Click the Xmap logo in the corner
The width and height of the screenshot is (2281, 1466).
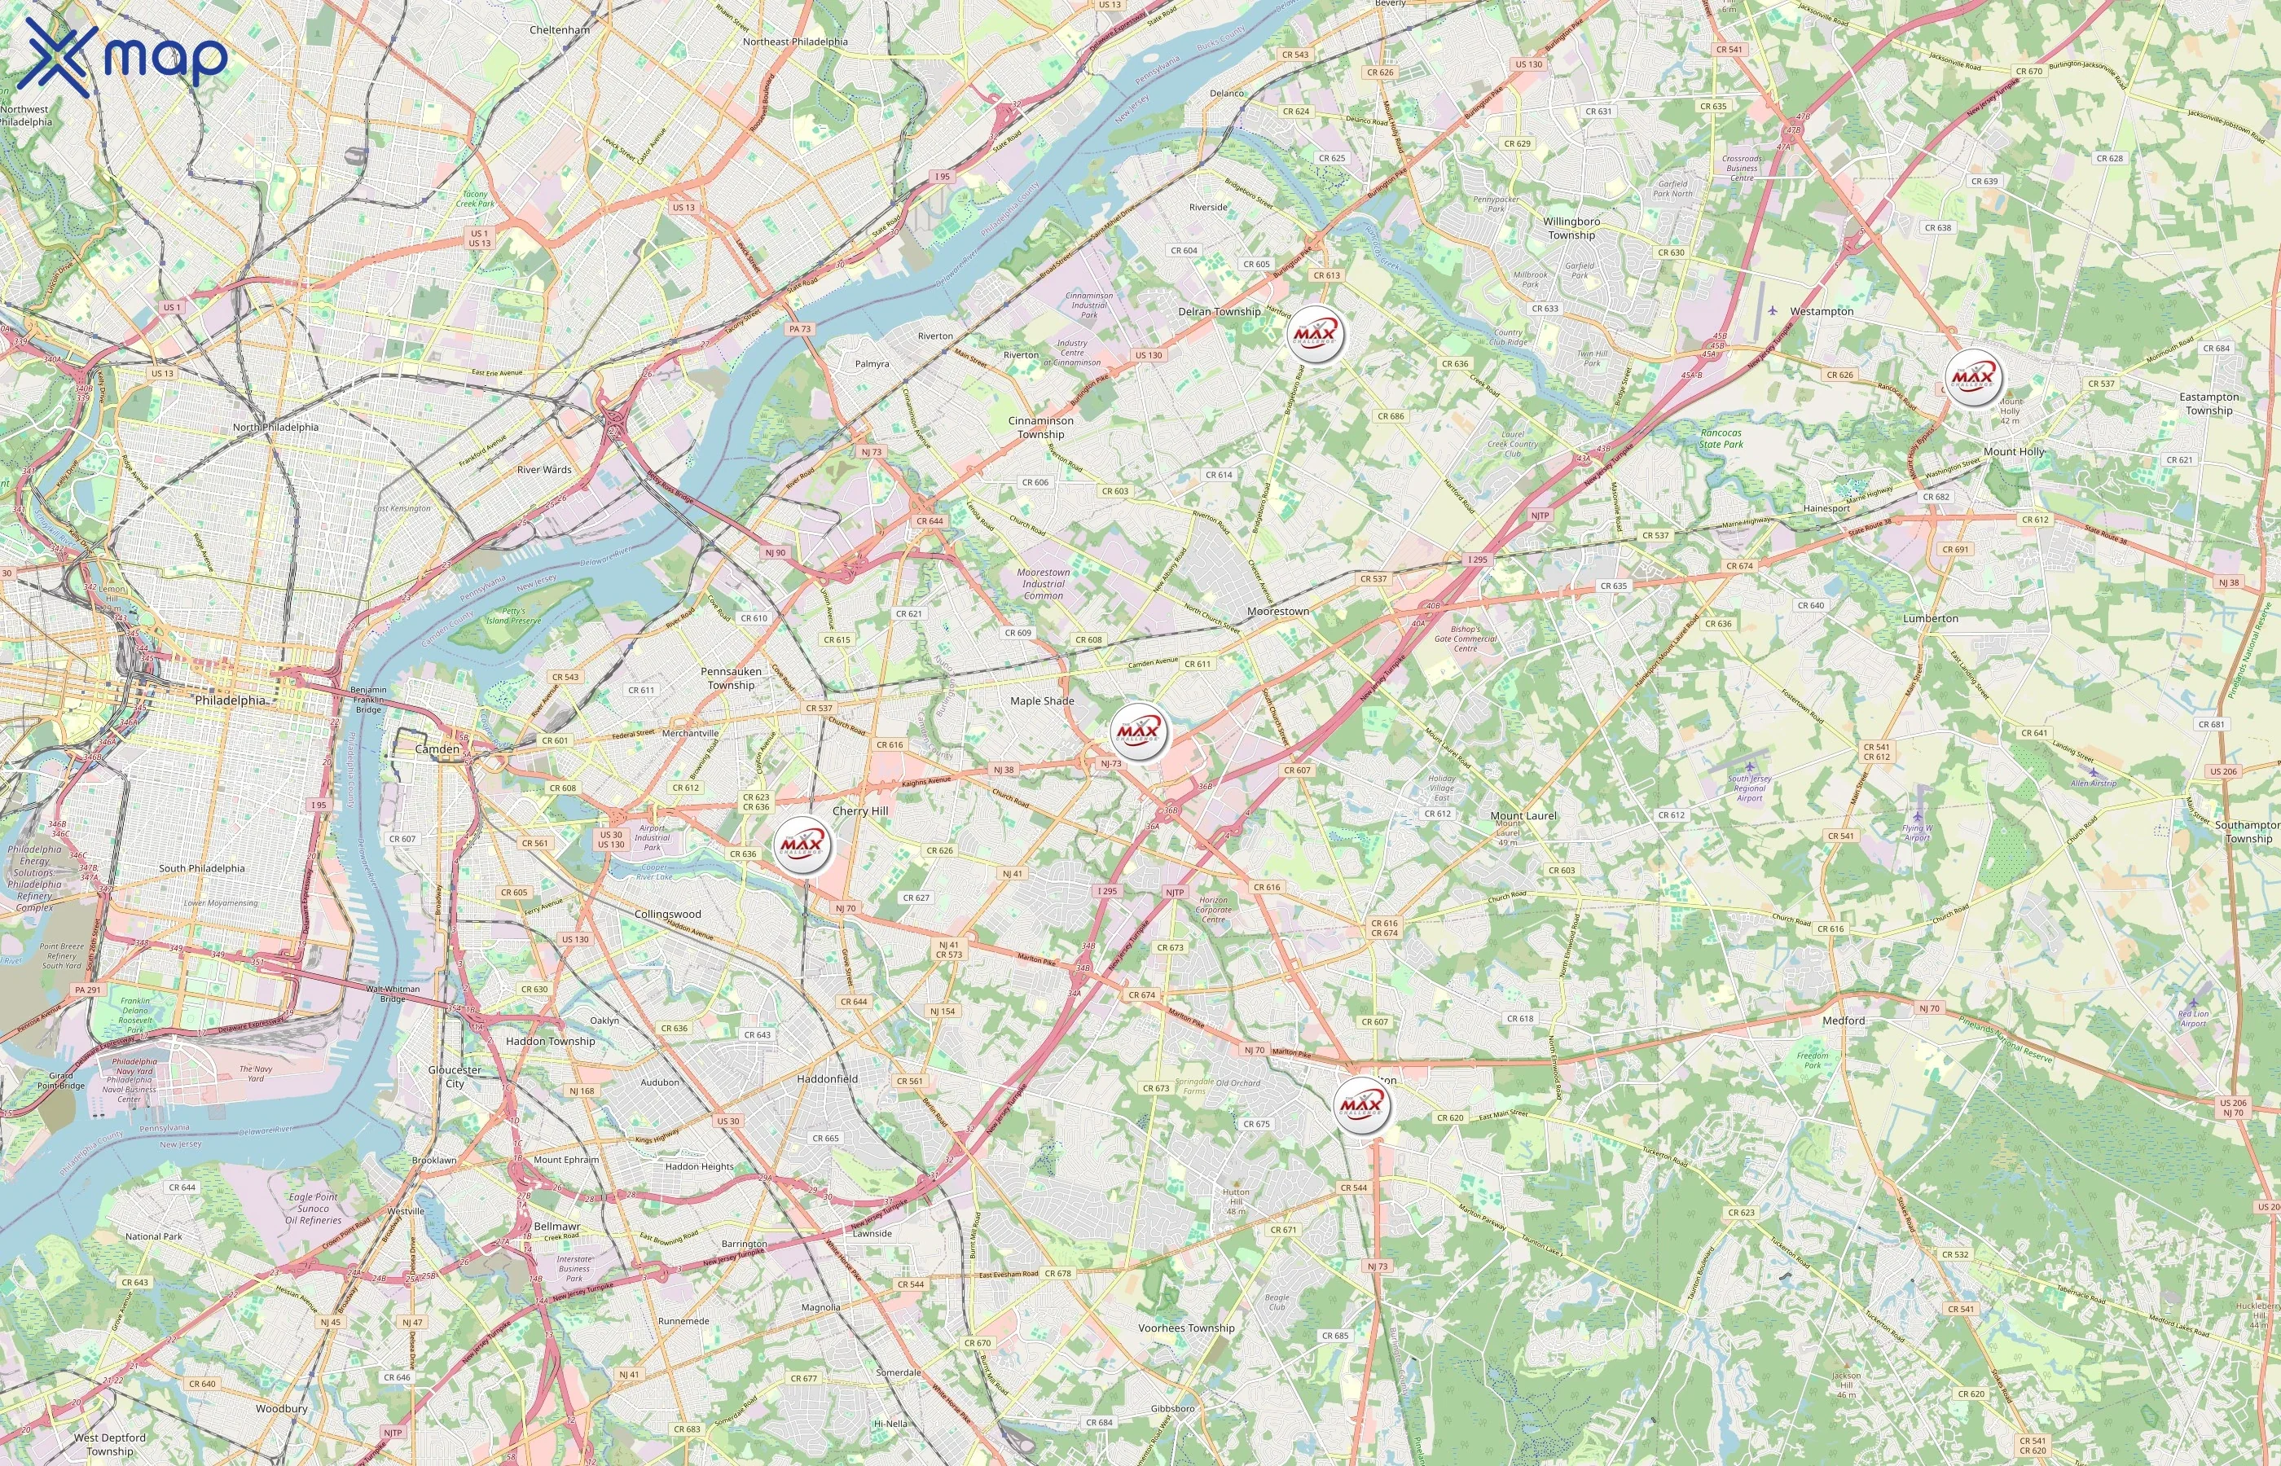click(122, 55)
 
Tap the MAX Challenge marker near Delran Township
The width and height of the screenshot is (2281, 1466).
click(1316, 334)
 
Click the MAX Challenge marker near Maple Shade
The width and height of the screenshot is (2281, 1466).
click(1140, 731)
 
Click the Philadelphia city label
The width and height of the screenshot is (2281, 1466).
click(231, 700)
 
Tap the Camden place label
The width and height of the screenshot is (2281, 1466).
click(437, 749)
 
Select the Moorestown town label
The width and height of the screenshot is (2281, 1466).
click(1277, 611)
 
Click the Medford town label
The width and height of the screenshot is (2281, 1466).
click(1843, 1020)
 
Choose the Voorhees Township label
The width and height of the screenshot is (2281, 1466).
click(1186, 1328)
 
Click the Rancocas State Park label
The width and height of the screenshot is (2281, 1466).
click(1721, 438)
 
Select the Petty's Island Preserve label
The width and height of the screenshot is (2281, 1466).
click(513, 615)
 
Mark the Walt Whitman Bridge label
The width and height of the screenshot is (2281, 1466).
click(392, 994)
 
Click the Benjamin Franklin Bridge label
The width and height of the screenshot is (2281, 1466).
click(368, 699)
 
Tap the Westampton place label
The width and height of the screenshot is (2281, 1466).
click(1822, 311)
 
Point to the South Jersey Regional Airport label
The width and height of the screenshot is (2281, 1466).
click(1750, 788)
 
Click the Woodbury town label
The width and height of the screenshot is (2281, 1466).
click(282, 1408)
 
